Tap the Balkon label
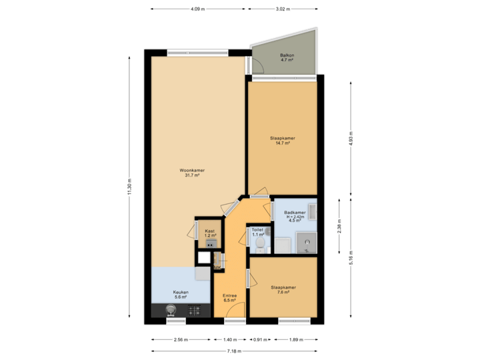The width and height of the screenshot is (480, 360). click(287, 58)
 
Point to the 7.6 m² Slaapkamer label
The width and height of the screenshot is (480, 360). click(283, 289)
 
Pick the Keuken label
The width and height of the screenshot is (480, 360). click(181, 294)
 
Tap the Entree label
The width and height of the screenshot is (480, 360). click(229, 297)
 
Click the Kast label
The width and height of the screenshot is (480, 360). click(211, 233)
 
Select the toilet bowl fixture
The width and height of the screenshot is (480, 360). click(260, 247)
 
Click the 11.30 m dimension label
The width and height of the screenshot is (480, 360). click(129, 187)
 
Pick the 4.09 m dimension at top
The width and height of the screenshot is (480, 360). click(197, 9)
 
